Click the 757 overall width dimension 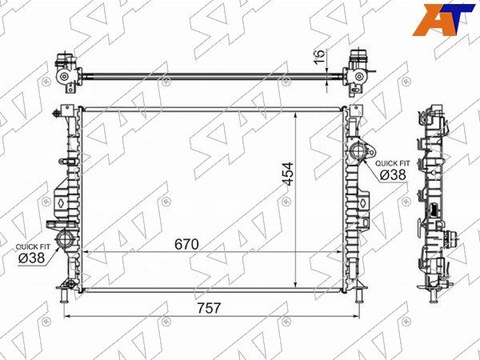click(209, 308)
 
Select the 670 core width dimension click(186, 244)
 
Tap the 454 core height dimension click(288, 174)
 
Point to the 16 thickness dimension click(320, 57)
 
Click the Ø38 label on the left click(31, 258)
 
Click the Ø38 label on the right click(393, 174)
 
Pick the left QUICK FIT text click(33, 246)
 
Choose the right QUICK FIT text click(393, 163)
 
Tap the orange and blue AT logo click(442, 19)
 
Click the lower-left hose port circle click(65, 238)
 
